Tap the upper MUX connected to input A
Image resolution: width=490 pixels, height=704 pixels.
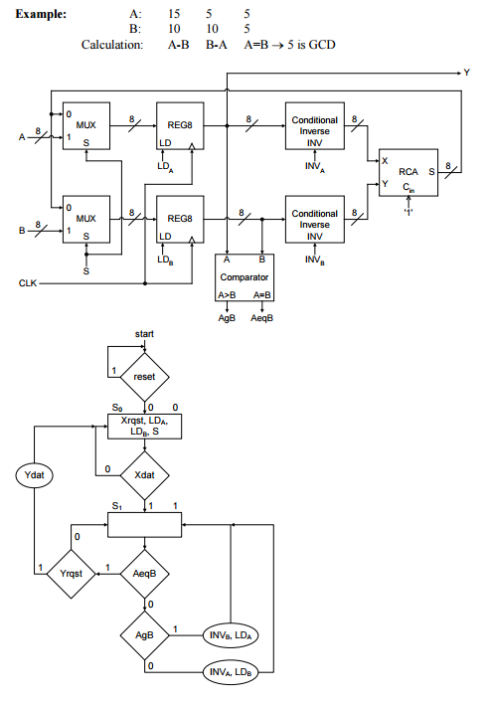[x=84, y=127]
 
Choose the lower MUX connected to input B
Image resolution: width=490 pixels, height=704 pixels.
[x=84, y=220]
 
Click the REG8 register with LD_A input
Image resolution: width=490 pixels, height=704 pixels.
[x=180, y=127]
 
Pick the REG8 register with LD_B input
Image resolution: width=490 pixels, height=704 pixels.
[x=180, y=220]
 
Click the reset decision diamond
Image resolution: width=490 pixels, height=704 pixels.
[x=145, y=378]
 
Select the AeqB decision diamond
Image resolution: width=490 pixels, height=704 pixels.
[x=145, y=573]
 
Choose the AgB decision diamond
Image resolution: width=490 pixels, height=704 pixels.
[x=145, y=633]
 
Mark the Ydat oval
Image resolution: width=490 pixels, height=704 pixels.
[x=34, y=475]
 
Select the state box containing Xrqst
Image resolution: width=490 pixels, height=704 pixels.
[x=145, y=427]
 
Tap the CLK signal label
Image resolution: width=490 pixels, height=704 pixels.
[x=28, y=283]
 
